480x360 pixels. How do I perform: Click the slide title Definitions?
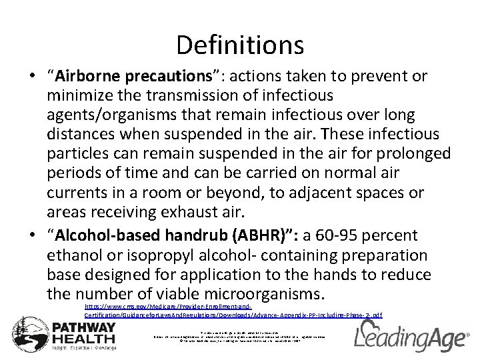click(240, 45)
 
